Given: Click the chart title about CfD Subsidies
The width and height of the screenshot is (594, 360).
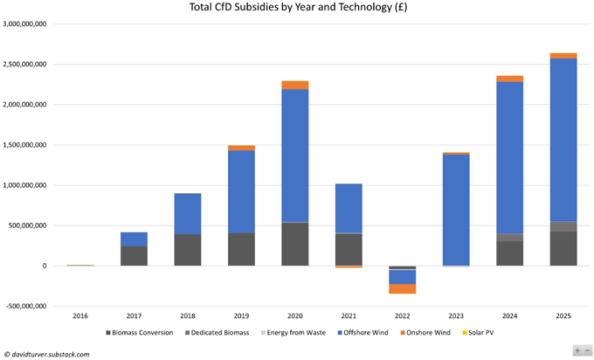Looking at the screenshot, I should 296,8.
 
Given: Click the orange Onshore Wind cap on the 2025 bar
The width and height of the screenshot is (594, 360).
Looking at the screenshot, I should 563,56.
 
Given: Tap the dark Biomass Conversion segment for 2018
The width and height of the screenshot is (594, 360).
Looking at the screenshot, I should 187,250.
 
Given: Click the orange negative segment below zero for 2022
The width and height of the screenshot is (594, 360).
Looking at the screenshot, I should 402,288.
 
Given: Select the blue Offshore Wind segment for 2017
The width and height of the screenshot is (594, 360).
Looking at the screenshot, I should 134,239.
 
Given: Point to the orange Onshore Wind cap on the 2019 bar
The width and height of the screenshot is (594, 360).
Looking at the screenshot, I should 241,148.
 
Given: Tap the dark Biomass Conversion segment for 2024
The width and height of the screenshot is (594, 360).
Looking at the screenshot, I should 509,253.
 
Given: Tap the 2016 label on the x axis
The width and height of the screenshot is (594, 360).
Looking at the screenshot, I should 79,316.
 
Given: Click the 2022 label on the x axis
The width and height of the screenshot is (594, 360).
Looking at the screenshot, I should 402,316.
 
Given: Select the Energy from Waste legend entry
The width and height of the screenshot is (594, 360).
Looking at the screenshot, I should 294,333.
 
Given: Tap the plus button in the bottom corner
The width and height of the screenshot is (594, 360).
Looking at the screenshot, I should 577,350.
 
